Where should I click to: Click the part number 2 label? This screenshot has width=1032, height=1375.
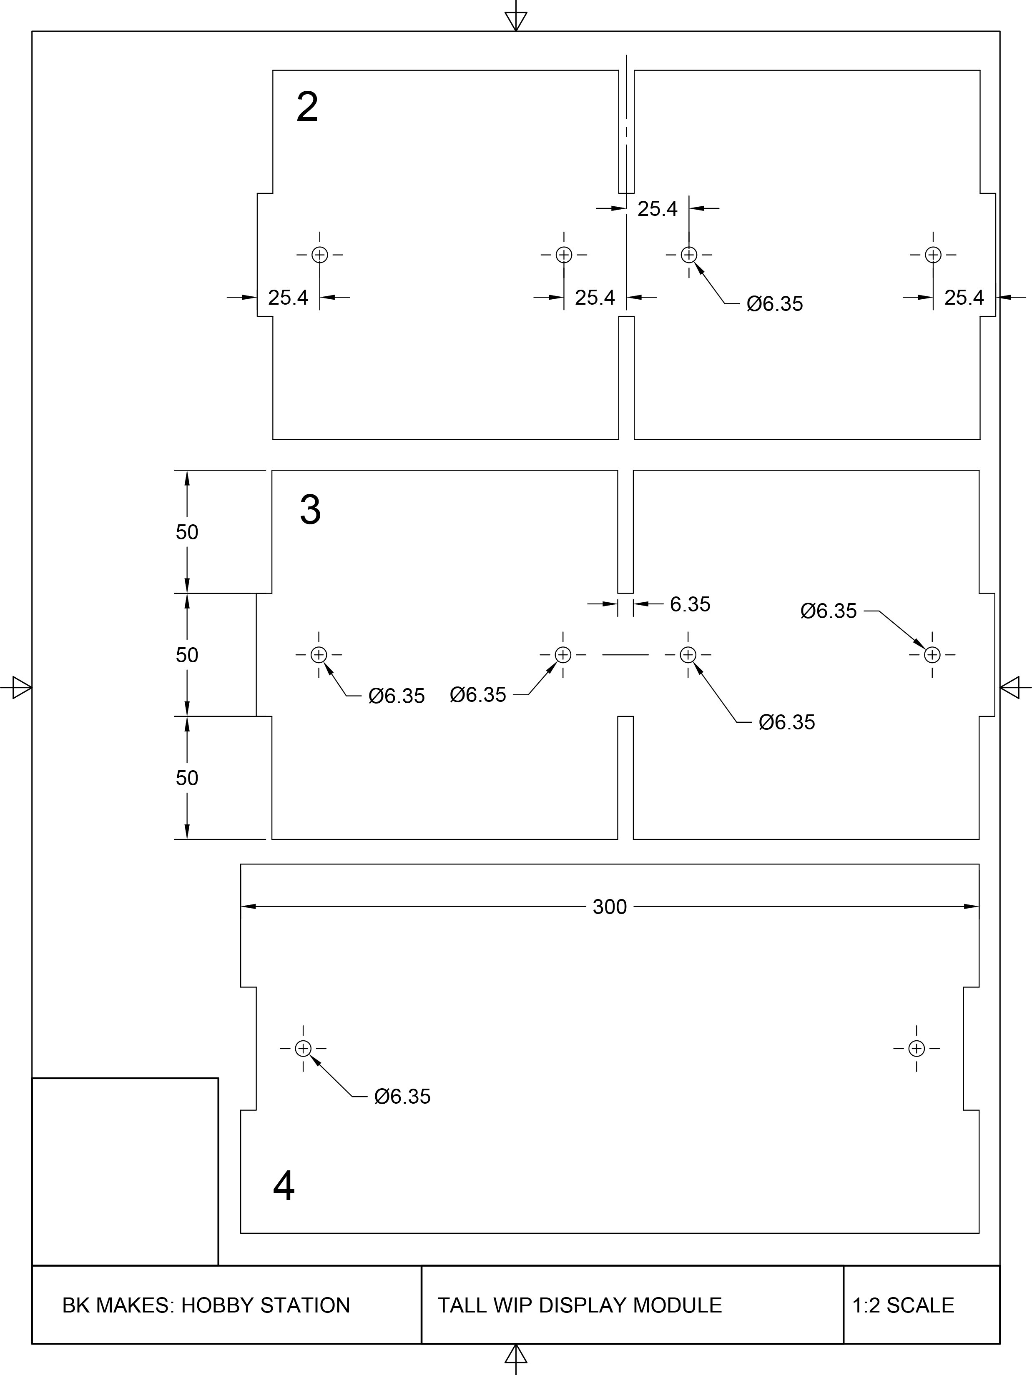pyautogui.click(x=307, y=107)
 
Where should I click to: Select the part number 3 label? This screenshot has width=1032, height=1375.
pyautogui.click(x=310, y=510)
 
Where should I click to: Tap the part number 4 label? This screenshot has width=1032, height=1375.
pyautogui.click(x=284, y=1186)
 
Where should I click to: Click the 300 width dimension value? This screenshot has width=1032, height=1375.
pyautogui.click(x=609, y=907)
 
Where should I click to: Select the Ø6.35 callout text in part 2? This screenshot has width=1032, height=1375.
pyautogui.click(x=775, y=304)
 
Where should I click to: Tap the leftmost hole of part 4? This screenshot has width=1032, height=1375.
pyautogui.click(x=303, y=1049)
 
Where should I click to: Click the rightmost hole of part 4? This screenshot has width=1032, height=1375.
pyautogui.click(x=916, y=1049)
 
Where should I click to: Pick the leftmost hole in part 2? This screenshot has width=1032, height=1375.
pyautogui.click(x=319, y=255)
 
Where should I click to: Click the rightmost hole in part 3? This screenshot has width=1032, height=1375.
pyautogui.click(x=932, y=654)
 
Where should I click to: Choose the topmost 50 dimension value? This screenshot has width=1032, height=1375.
pyautogui.click(x=186, y=532)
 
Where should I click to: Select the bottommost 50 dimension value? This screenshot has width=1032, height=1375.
pyautogui.click(x=186, y=778)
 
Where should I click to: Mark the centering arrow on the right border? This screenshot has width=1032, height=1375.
pyautogui.click(x=1011, y=688)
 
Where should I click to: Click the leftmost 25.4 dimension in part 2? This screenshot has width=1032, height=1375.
pyautogui.click(x=288, y=298)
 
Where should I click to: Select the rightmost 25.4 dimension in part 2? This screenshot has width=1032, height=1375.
pyautogui.click(x=964, y=298)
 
